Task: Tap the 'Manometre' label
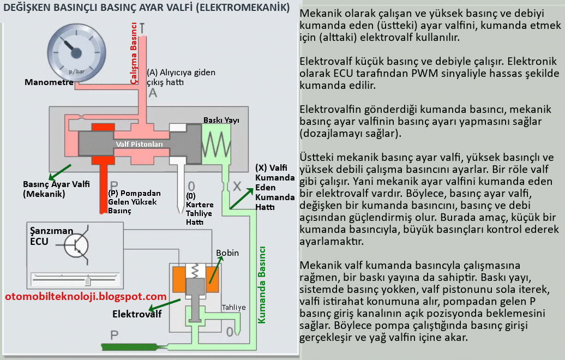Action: [x=49, y=82]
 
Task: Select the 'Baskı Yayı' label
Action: [x=221, y=119]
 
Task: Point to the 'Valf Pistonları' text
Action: [x=139, y=144]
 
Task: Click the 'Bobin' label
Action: [x=227, y=253]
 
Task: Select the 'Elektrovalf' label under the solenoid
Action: [x=137, y=314]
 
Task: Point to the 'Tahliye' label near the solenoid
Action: [x=233, y=307]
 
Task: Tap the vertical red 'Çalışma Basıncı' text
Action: [x=134, y=52]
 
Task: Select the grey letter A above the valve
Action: [x=153, y=93]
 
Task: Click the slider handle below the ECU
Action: [x=88, y=280]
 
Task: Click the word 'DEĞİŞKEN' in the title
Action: [x=29, y=8]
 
